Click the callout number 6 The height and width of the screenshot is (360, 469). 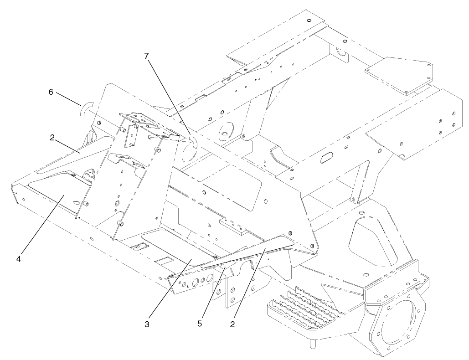click(x=51, y=92)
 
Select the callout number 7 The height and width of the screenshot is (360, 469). click(x=147, y=57)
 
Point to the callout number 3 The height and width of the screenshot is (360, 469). click(x=147, y=324)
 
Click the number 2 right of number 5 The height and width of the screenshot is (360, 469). click(x=233, y=324)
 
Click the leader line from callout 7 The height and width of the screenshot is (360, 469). click(x=169, y=96)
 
